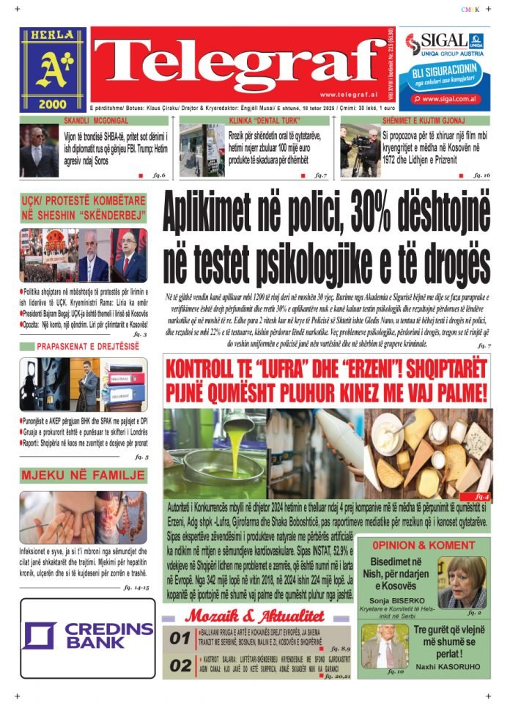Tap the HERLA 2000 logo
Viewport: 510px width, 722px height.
(53, 70)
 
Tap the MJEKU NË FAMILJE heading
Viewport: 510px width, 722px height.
(83, 476)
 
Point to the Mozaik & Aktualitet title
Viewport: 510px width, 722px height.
(254, 616)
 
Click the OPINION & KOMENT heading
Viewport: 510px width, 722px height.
(423, 545)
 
